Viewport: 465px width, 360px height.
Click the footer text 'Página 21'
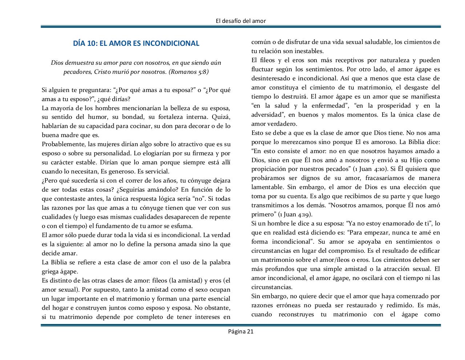(240, 331)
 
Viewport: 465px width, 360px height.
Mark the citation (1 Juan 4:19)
(292, 214)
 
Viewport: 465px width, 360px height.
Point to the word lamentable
(267, 187)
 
